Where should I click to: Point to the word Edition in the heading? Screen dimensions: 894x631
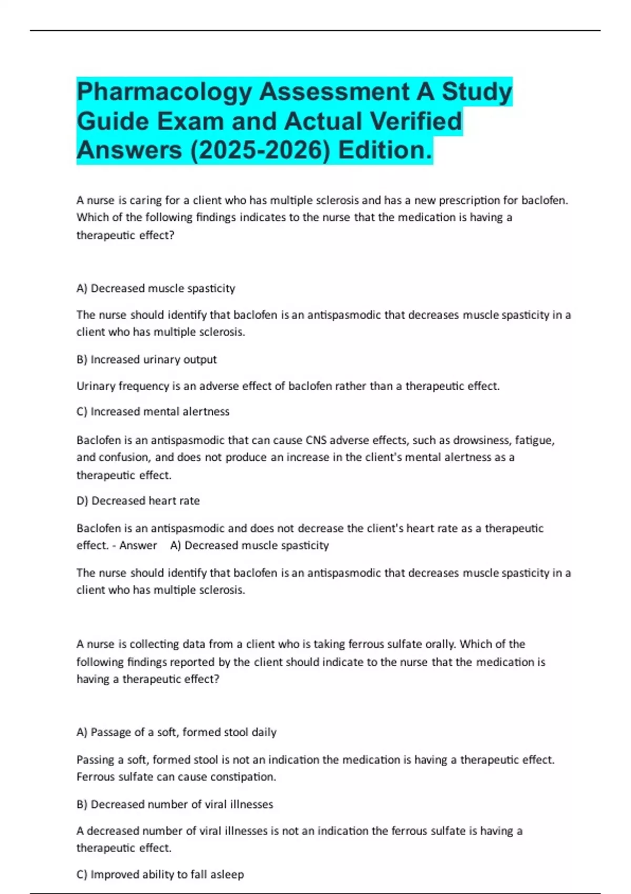(385, 150)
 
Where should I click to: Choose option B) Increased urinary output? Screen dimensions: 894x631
(146, 360)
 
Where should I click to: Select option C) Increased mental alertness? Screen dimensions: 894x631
(152, 412)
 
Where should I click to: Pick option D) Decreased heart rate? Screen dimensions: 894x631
(138, 501)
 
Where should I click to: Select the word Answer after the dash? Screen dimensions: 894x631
(138, 545)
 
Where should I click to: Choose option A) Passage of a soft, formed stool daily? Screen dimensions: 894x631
(176, 733)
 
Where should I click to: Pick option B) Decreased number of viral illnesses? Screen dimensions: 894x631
(175, 805)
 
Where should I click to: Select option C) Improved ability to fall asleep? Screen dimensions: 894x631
(160, 875)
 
